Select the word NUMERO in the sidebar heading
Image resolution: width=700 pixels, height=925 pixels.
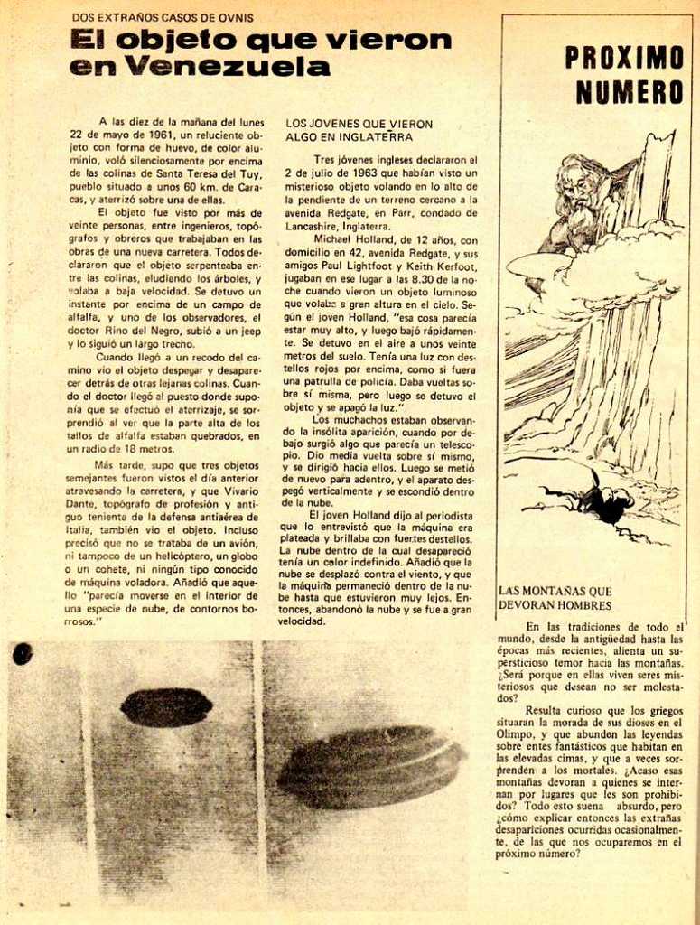click(630, 92)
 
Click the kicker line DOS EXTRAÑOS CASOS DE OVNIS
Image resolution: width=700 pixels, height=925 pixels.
click(163, 17)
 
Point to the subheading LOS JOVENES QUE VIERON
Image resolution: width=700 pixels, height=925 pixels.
click(359, 124)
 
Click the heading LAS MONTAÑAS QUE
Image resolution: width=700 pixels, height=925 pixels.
click(555, 591)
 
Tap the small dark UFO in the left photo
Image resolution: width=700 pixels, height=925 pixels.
click(166, 707)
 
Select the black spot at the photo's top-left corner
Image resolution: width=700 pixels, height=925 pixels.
click(23, 653)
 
